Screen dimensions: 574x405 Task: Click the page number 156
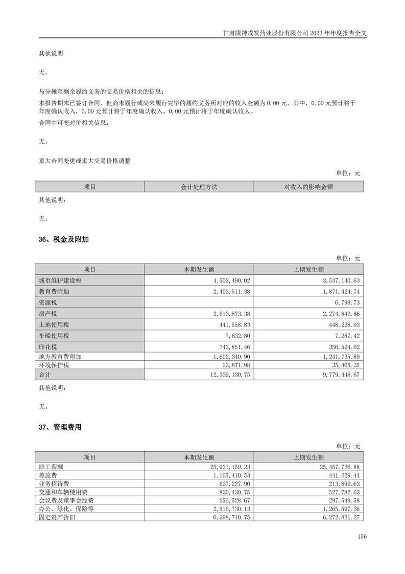[362, 537]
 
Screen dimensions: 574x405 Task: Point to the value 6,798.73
[345, 303]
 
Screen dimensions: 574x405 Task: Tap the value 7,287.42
[345, 336]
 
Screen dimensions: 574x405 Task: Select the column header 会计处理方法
[199, 187]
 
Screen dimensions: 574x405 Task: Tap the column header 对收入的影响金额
[308, 187]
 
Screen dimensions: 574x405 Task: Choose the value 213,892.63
[343, 484]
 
